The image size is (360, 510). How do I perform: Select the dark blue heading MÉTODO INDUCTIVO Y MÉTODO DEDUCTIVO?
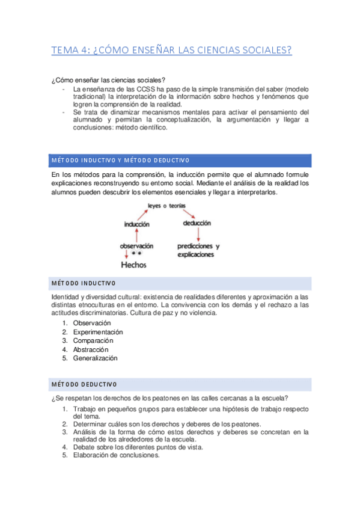[x=120, y=160]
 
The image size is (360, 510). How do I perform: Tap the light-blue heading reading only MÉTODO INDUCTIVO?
[x=84, y=283]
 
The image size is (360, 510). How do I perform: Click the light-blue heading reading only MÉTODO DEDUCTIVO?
[x=84, y=384]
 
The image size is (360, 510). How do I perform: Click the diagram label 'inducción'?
[x=136, y=224]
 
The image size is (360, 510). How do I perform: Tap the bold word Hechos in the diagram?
[x=134, y=264]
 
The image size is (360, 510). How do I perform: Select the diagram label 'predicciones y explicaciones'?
[x=198, y=250]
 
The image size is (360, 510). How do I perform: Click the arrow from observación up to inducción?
[x=137, y=235]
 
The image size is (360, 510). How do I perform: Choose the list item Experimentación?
[x=98, y=332]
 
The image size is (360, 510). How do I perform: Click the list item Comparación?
[x=93, y=340]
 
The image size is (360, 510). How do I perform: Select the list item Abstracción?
[x=91, y=349]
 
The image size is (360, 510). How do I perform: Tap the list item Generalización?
[x=96, y=358]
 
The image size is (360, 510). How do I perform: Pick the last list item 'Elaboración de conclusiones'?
[x=117, y=455]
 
